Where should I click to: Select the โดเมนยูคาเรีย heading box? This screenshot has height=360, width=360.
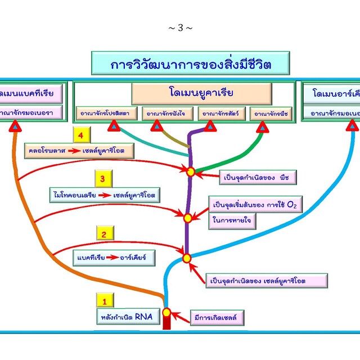click(x=201, y=92)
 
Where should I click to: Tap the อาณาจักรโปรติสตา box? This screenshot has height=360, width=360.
click(x=105, y=114)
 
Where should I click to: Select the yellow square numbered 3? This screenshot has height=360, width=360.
click(x=102, y=180)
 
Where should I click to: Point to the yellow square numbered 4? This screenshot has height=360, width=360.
click(x=82, y=136)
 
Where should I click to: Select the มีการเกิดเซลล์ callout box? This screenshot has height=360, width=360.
click(x=217, y=317)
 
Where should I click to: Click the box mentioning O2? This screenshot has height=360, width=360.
click(x=254, y=205)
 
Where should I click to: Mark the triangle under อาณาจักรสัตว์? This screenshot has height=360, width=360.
click(x=210, y=127)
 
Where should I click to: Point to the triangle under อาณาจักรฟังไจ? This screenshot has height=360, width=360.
click(x=157, y=128)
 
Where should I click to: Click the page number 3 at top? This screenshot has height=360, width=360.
click(x=180, y=28)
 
